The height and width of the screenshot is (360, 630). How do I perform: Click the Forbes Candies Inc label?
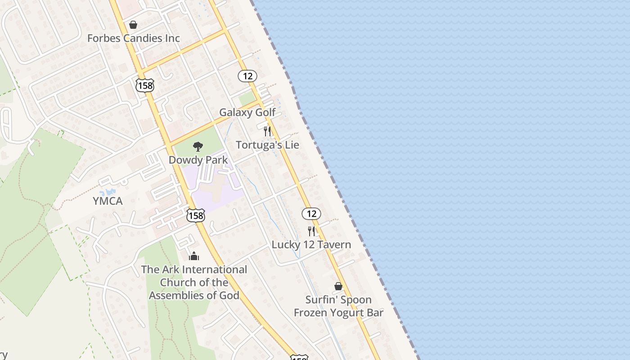[x=134, y=38]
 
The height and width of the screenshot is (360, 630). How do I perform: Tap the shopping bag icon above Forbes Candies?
[x=133, y=25]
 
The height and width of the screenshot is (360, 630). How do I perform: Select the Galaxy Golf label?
[x=247, y=112]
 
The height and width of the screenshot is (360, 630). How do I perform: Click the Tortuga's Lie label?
[x=267, y=145]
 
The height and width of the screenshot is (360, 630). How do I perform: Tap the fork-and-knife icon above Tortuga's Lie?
[x=267, y=131]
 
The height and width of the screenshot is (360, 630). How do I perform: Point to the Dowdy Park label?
[x=198, y=160]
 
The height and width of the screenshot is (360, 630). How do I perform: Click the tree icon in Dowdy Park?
[x=198, y=146]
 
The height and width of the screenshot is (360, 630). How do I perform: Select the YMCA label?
[x=108, y=201]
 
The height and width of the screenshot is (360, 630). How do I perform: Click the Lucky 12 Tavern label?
[x=311, y=245]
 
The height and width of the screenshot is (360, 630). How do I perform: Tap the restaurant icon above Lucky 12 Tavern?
[x=311, y=231]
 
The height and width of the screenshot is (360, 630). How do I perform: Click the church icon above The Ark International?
[x=194, y=256]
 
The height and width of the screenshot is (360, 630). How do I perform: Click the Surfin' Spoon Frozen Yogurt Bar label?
[x=338, y=306]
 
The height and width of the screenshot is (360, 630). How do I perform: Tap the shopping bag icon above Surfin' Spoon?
[x=338, y=286]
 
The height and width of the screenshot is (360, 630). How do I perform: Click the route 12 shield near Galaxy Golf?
[x=247, y=76]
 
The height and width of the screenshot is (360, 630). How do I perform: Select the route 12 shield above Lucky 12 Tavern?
[x=311, y=214]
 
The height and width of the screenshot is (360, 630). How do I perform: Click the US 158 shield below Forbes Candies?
[x=145, y=85]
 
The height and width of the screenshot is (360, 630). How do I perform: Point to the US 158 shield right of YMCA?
[x=196, y=216]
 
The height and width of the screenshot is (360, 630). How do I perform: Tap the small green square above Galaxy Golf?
[x=247, y=99]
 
